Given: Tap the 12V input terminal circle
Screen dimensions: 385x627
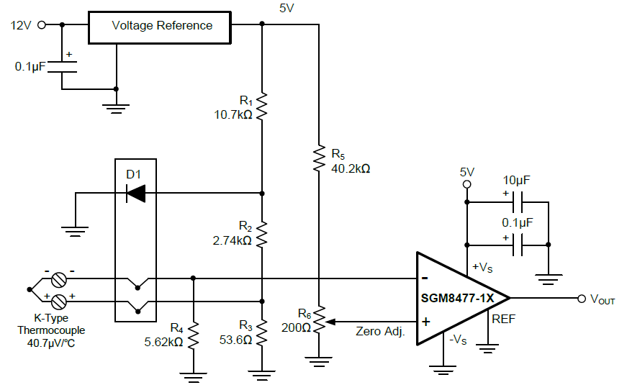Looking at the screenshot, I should pos(41,24).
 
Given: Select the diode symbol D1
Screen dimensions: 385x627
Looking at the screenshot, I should pos(135,193).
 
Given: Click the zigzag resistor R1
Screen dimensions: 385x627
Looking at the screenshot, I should pos(262,107).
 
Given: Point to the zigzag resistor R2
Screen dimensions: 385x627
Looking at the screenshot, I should pos(262,234).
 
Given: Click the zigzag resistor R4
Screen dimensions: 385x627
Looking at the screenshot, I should pos(193,336).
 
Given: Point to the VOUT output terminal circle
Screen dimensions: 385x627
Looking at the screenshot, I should pos(582,298).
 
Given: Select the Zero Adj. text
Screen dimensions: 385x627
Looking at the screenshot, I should pos(381,332).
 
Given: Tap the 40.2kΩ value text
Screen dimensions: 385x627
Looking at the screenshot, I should pos(351,169).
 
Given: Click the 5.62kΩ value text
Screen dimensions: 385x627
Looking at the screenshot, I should pos(163,343).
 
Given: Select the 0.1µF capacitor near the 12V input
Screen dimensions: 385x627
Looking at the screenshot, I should pos(62,65).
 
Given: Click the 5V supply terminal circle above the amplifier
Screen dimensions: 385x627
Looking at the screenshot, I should pos(467,185).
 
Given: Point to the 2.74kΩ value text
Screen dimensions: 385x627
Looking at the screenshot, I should pos(233,240).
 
